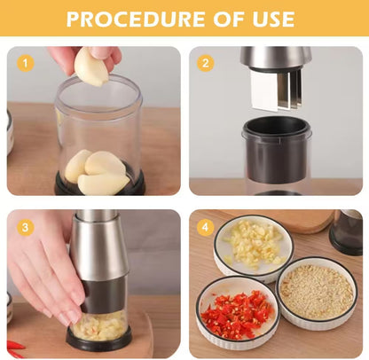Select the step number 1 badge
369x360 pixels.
tap(26, 63)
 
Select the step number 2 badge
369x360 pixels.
tap(207, 63)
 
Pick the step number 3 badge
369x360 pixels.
tap(26, 227)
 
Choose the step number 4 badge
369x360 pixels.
tap(207, 227)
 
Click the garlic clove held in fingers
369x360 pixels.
tap(90, 67)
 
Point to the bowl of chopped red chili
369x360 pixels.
tap(236, 312)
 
